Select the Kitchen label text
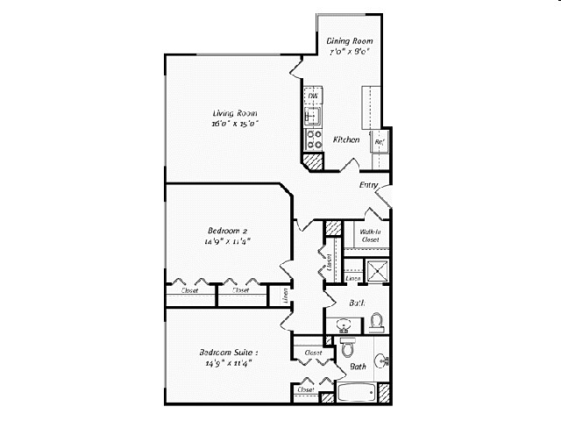(x=347, y=139)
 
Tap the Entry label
(x=369, y=185)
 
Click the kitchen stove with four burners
(x=312, y=138)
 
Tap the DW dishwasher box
(x=312, y=95)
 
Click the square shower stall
(x=379, y=270)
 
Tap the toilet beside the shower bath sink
(x=377, y=323)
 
